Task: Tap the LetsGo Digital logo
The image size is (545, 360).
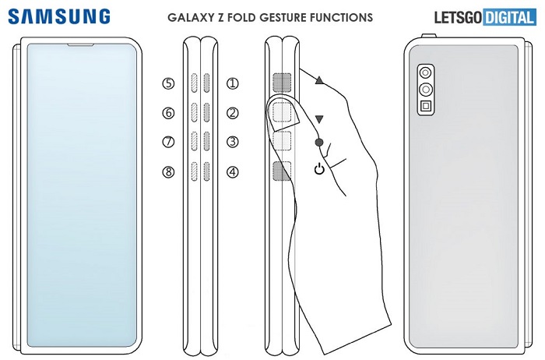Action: point(483,16)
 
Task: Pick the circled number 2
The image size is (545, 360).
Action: point(231,113)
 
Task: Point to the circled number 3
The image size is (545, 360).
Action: point(231,142)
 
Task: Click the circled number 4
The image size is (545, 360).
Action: point(231,171)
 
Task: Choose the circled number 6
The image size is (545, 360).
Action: point(168,113)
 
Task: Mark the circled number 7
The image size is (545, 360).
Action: point(168,142)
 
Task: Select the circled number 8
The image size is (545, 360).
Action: point(168,171)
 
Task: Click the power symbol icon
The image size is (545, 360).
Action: point(319,169)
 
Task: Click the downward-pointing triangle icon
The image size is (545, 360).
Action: point(319,119)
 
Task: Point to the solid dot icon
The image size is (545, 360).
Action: point(319,143)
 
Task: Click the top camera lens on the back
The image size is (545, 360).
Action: point(427,72)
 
